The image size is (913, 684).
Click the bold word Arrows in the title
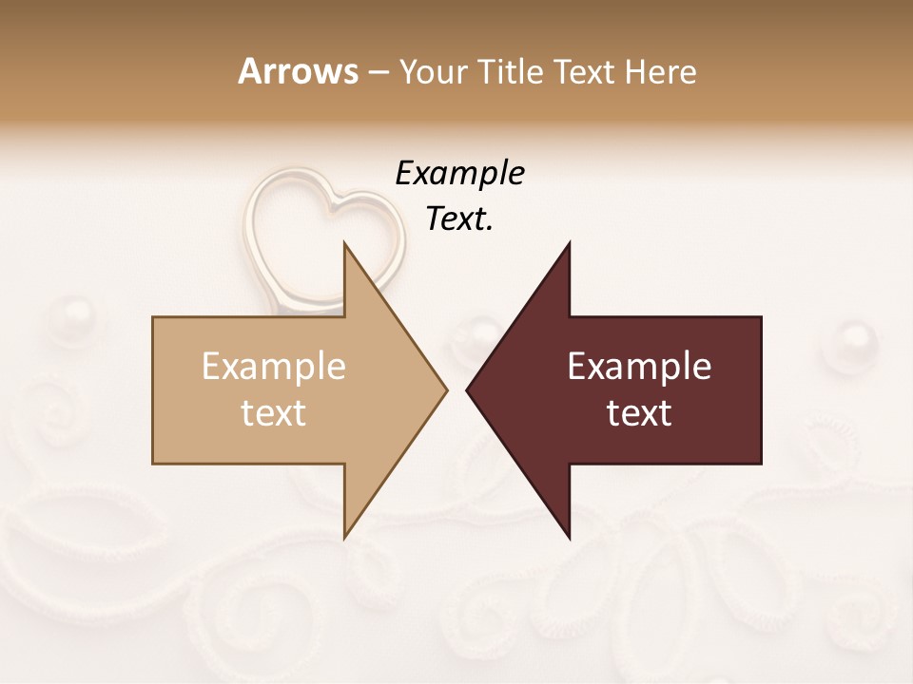pos(298,71)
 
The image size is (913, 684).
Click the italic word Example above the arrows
pos(459,174)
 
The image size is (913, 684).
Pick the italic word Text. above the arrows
pos(459,219)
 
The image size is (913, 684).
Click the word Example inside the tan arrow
pos(274,367)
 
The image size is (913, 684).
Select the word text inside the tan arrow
pos(274,413)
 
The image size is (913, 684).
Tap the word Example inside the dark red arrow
pos(639,367)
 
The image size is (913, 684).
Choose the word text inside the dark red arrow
pos(639,413)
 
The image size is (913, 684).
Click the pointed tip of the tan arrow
pos(445,389)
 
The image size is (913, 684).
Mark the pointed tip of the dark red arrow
pos(468,389)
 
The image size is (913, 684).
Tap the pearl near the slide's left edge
pos(71,313)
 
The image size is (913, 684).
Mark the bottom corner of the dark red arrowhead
pos(569,537)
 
